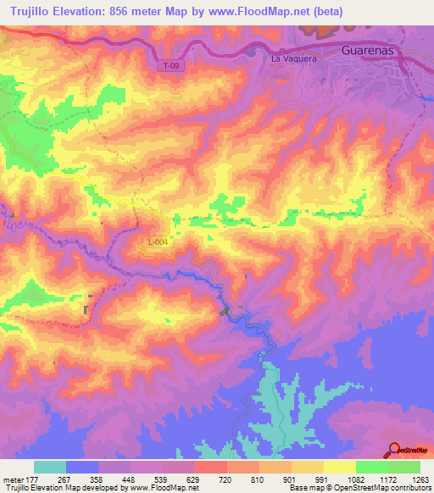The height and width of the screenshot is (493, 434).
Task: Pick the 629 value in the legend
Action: point(194,479)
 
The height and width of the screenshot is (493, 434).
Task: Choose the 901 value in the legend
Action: point(291,479)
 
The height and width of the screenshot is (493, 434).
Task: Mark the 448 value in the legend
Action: point(130,479)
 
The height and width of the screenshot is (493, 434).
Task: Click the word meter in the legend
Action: point(13,479)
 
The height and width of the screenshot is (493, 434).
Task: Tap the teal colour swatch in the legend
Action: point(50,467)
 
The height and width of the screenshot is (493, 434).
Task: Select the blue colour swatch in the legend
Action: point(82,467)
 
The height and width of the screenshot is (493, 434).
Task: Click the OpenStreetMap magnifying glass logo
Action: point(393,450)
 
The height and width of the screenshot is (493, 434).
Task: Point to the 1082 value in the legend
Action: point(355,479)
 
